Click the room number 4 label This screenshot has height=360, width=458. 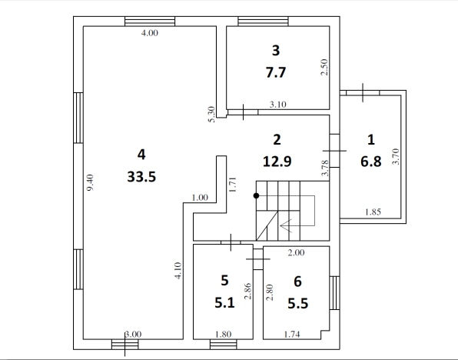pyautogui.click(x=141, y=155)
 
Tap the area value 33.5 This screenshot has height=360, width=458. pyautogui.click(x=141, y=177)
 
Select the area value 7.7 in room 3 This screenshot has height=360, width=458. pyautogui.click(x=276, y=72)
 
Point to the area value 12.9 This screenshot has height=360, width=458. pyautogui.click(x=277, y=162)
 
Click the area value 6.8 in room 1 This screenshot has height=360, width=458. pyautogui.click(x=371, y=162)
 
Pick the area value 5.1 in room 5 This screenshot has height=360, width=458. pyautogui.click(x=224, y=302)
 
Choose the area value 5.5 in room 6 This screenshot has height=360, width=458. pyautogui.click(x=297, y=303)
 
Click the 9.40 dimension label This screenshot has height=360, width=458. pyautogui.click(x=91, y=182)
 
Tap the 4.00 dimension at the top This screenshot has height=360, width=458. pyautogui.click(x=150, y=33)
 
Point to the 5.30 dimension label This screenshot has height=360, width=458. pyautogui.click(x=212, y=115)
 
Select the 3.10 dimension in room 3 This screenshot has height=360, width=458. pyautogui.click(x=277, y=105)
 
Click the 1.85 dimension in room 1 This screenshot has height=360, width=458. pyautogui.click(x=373, y=212)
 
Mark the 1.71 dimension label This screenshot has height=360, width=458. pyautogui.click(x=233, y=185)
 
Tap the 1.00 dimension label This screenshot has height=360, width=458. pyautogui.click(x=200, y=198)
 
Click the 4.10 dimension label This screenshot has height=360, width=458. pyautogui.click(x=178, y=271)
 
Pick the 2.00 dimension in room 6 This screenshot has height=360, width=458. pyautogui.click(x=296, y=252)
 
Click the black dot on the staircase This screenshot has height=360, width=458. pyautogui.click(x=256, y=195)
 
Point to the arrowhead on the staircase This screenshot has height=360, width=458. pyautogui.click(x=286, y=225)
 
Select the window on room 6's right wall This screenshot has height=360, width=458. pyautogui.click(x=335, y=293)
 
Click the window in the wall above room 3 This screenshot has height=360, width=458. pyautogui.click(x=263, y=22)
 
